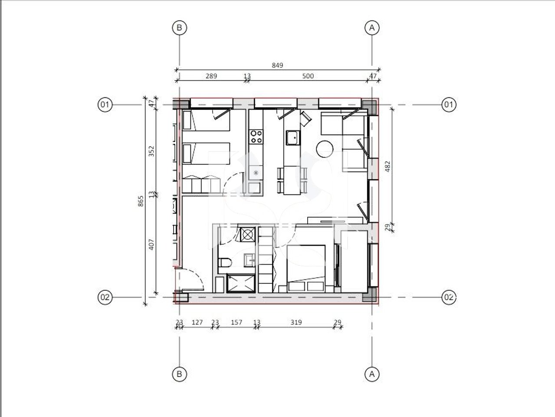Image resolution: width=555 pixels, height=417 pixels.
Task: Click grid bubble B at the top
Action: click(179, 28)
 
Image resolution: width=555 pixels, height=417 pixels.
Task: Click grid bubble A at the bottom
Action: click(371, 374)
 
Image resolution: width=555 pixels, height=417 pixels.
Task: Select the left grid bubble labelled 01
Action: click(105, 105)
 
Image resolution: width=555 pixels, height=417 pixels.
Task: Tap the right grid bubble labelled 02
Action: click(449, 298)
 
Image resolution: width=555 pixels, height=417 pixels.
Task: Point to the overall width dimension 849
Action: click(277, 65)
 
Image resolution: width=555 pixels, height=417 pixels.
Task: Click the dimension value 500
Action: click(307, 76)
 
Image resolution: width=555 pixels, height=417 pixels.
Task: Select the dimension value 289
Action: click(211, 76)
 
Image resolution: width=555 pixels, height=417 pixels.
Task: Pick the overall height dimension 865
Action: click(141, 201)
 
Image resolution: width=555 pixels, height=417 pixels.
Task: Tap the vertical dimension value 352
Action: click(151, 151)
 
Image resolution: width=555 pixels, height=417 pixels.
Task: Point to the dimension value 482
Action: click(388, 166)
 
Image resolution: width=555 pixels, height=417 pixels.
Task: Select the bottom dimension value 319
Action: click(296, 322)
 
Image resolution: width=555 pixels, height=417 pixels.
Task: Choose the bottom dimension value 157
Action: click(236, 322)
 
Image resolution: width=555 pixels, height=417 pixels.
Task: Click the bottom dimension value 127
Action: click(197, 322)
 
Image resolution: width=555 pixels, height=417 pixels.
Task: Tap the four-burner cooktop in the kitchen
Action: click(255, 137)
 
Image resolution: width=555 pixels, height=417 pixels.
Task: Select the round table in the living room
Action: click(325, 149)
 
